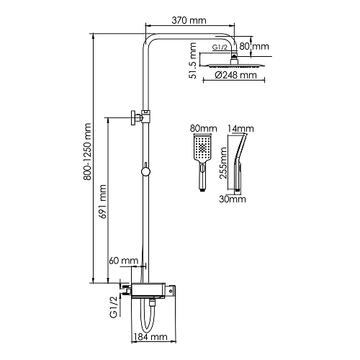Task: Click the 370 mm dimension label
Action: click(189, 21)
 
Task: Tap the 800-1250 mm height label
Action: click(87, 152)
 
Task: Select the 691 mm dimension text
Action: click(103, 202)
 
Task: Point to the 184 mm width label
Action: click(150, 337)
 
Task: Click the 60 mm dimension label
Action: click(124, 261)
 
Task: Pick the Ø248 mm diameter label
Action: click(236, 76)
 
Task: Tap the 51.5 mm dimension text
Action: click(192, 60)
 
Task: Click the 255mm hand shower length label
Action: click(223, 163)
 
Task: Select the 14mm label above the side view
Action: click(240, 129)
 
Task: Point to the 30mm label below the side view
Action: click(233, 199)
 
